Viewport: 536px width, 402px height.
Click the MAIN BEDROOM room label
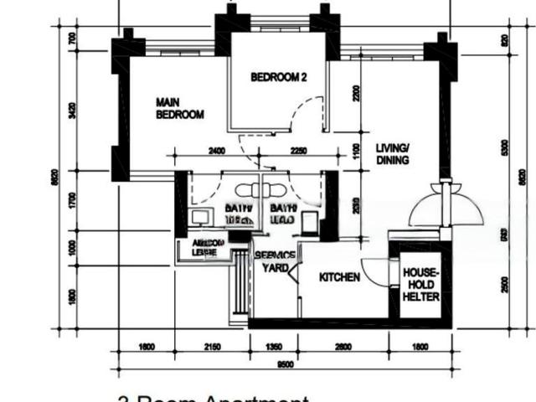tap(180, 109)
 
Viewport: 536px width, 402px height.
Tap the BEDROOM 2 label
tap(279, 77)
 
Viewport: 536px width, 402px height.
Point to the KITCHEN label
tap(339, 277)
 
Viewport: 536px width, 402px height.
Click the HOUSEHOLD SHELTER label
tap(422, 286)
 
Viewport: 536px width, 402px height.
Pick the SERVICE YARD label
tap(276, 261)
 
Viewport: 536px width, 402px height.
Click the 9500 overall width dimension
tap(285, 364)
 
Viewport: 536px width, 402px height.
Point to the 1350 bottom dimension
tap(274, 346)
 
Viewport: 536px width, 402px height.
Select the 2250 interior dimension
tap(297, 152)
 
